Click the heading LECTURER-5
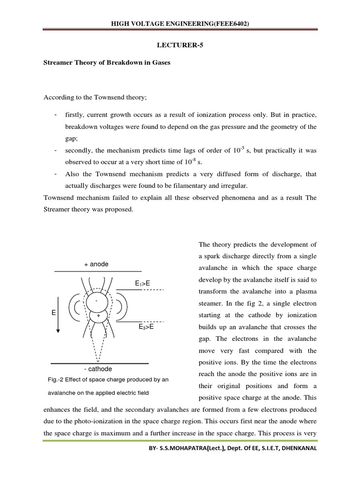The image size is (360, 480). click(180, 45)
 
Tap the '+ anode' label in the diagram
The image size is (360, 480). click(96, 264)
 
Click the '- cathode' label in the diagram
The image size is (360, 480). click(98, 369)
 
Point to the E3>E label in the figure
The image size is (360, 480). click(146, 327)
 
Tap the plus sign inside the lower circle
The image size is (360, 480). click(98, 316)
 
